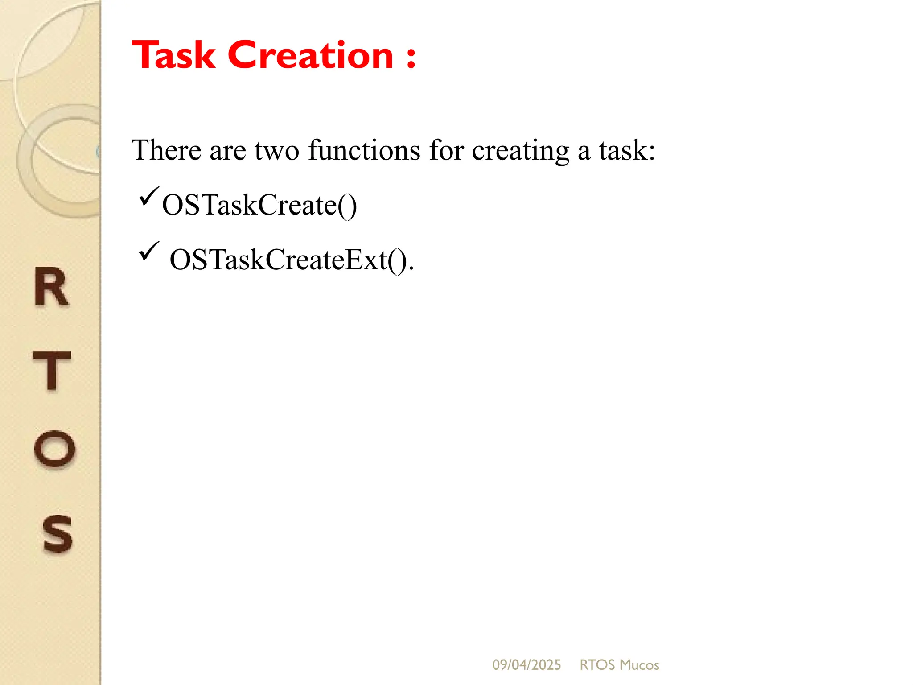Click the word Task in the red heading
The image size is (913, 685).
click(174, 55)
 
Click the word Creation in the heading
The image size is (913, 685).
click(310, 55)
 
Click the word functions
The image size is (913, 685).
click(364, 150)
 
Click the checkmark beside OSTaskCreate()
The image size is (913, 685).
click(148, 197)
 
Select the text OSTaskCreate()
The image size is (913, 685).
click(259, 206)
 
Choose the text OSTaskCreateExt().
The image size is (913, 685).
click(292, 260)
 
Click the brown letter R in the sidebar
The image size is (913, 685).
click(51, 288)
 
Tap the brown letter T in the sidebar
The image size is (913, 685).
click(52, 371)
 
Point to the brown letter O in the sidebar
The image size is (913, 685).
click(54, 449)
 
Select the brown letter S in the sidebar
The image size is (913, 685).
click(57, 533)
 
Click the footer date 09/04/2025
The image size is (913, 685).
click(526, 665)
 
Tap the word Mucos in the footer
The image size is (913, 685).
click(639, 665)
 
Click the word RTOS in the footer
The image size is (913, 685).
click(597, 665)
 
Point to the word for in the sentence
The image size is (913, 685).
click(446, 150)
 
